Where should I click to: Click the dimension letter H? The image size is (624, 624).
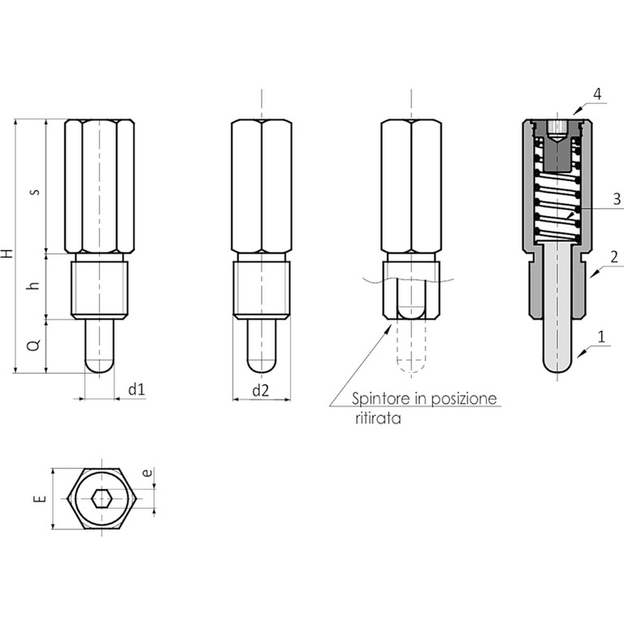(x=7, y=253)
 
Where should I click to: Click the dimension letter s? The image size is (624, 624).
(x=36, y=192)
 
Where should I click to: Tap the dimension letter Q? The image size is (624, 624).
(x=35, y=344)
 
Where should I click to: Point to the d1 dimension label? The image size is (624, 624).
(x=136, y=390)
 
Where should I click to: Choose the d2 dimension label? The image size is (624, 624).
(x=261, y=391)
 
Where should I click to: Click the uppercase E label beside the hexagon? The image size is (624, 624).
(x=41, y=499)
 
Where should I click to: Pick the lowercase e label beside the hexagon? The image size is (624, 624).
(x=147, y=473)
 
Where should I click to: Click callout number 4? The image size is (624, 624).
(x=597, y=94)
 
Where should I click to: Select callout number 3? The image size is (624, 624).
(x=617, y=198)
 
